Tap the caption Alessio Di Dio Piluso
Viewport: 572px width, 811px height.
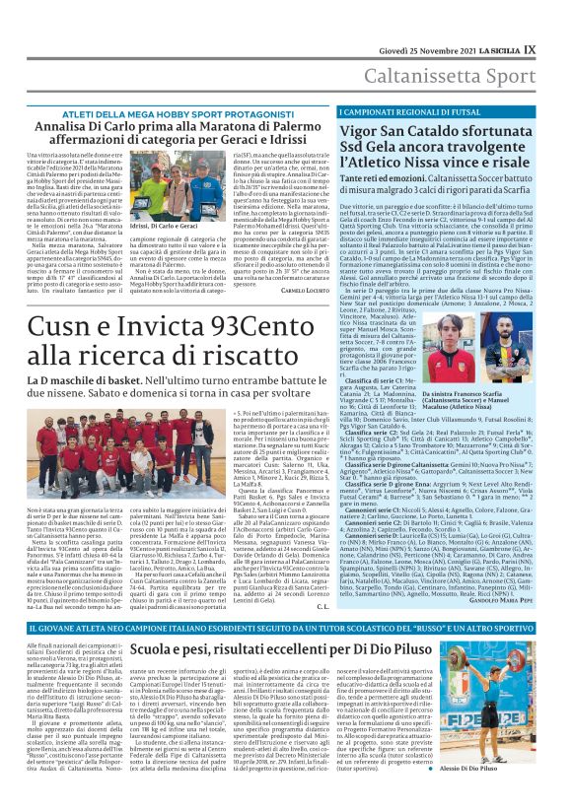click(x=508, y=794)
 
